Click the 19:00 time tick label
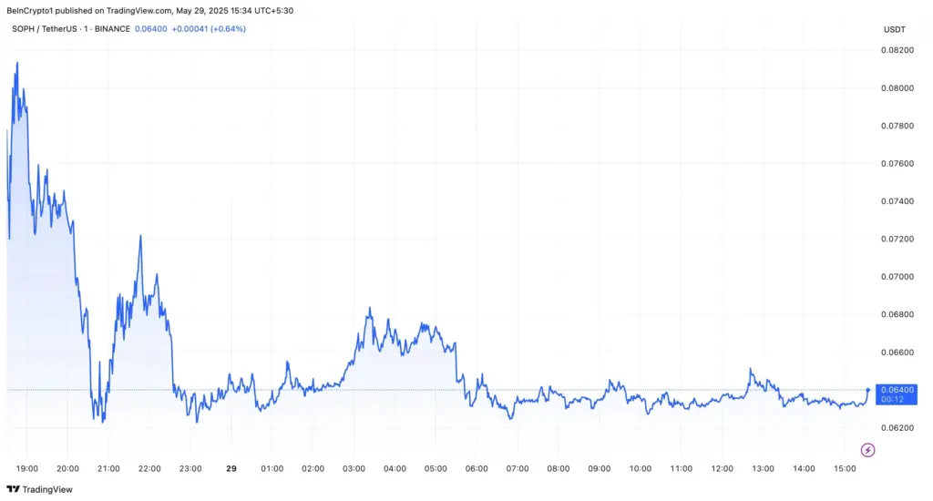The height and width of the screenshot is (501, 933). (27, 468)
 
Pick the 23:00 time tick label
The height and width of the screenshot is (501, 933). (190, 468)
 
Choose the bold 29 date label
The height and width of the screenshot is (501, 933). (231, 468)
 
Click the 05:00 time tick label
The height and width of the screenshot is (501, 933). (436, 468)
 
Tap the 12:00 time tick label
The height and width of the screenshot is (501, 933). (722, 468)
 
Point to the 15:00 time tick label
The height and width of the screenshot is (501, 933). (845, 468)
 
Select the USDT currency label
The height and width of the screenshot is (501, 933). (894, 29)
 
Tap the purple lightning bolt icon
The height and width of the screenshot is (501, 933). (867, 449)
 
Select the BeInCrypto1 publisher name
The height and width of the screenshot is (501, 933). (32, 10)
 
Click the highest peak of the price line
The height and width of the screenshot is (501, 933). (16, 63)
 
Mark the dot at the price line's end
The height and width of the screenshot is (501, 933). (867, 389)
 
